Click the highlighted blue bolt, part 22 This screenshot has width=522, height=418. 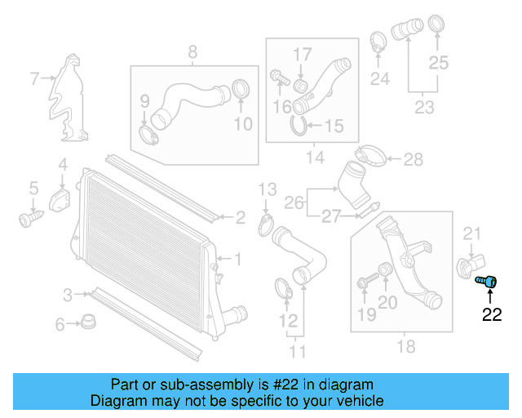point(488,282)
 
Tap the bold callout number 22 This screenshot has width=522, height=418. point(492,315)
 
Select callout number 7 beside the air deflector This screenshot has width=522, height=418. point(34,79)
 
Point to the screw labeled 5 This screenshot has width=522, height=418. point(30,218)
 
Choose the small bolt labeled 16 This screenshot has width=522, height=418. point(279,78)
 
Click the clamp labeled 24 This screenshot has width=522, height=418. point(378,41)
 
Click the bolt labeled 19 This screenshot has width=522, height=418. point(365,282)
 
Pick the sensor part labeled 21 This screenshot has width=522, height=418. point(466,267)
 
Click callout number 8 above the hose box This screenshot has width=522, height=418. point(192,54)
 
